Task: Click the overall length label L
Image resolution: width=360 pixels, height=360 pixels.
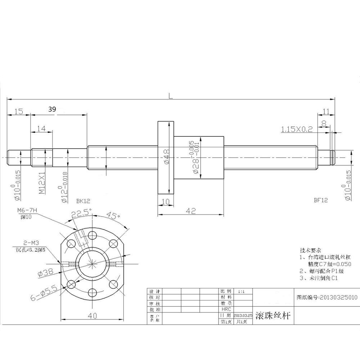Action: (171, 95)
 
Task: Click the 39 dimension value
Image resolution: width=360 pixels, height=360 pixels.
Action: (51, 109)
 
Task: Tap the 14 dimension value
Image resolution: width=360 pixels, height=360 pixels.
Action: (41, 128)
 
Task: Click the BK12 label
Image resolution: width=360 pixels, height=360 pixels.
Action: (83, 202)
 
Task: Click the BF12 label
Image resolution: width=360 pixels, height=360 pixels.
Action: (320, 200)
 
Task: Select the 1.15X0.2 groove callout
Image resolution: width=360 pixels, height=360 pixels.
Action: (297, 129)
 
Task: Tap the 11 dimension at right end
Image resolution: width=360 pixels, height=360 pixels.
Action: (326, 111)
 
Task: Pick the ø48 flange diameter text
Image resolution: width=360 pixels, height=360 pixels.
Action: (166, 157)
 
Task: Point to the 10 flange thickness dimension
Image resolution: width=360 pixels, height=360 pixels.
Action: (166, 202)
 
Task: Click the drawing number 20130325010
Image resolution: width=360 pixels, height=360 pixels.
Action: (327, 297)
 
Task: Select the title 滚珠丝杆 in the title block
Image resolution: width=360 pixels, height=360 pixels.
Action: (272, 316)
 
